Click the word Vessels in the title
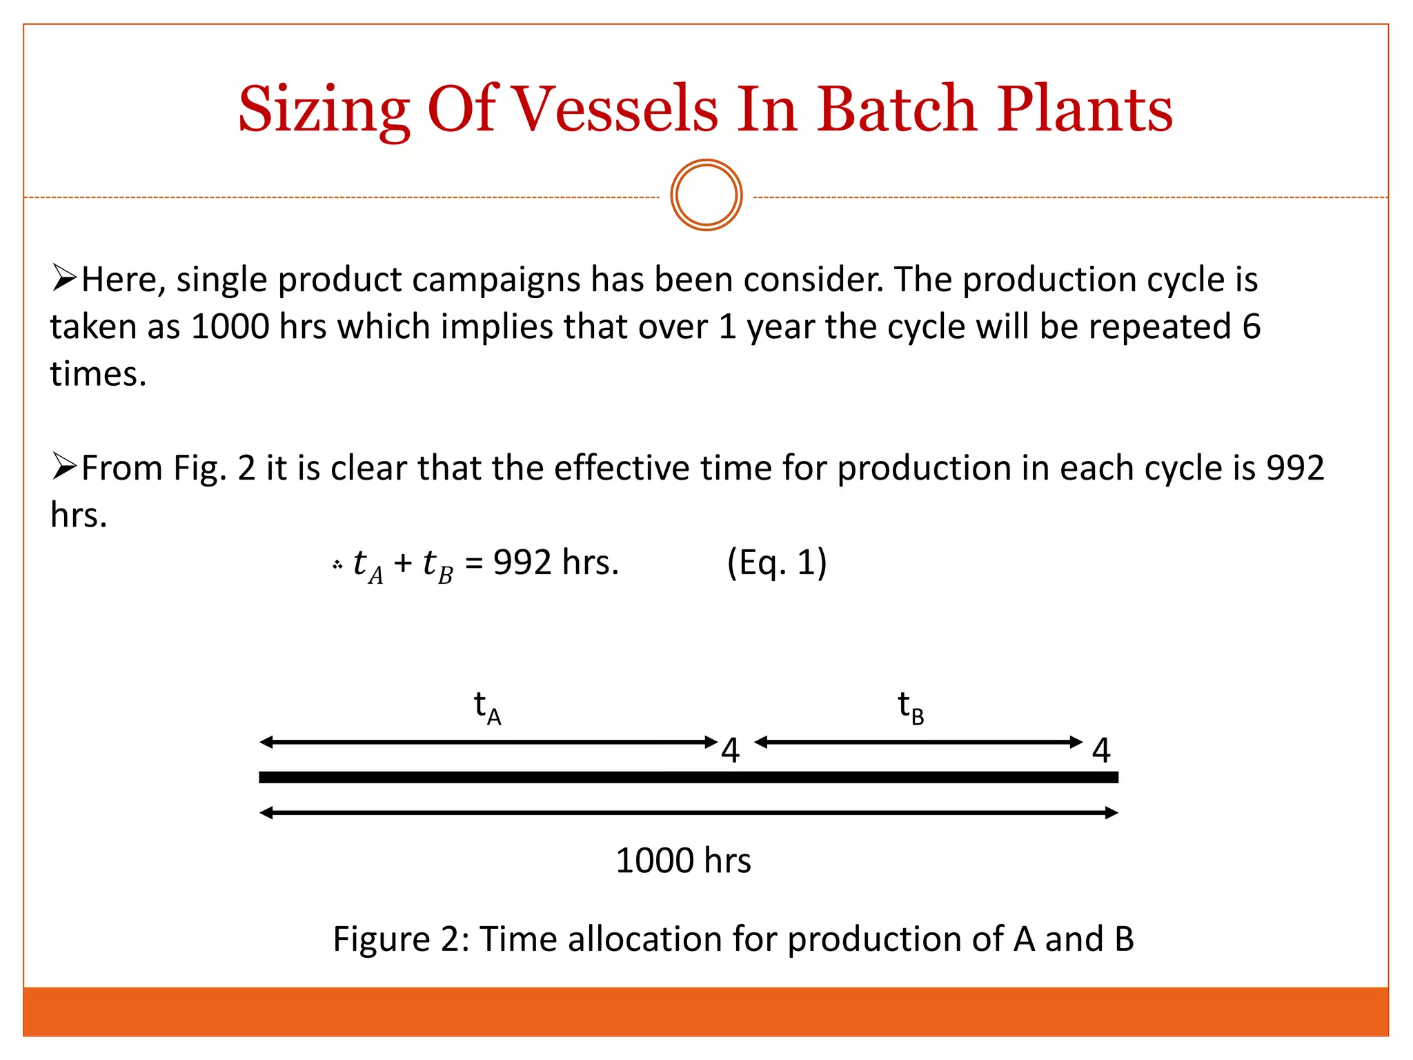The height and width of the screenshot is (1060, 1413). tap(616, 110)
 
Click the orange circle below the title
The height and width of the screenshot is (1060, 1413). tap(706, 195)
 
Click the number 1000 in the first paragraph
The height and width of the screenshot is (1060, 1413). tap(230, 326)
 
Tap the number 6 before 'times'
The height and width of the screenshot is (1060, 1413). tap(1251, 326)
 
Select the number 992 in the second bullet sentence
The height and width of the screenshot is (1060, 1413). tap(1294, 468)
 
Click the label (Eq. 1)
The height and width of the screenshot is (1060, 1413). tap(777, 562)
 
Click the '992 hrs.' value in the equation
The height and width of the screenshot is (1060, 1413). tap(556, 562)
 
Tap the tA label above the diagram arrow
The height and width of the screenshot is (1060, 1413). tap(487, 708)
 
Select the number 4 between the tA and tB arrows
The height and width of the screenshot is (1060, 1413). tap(730, 751)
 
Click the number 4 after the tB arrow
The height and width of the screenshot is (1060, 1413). tap(1101, 751)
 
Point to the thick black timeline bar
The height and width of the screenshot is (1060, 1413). tap(689, 778)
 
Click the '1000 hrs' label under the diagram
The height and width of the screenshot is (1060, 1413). tap(683, 861)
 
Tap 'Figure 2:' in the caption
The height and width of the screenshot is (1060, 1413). tap(401, 939)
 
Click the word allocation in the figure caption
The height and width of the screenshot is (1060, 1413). tap(644, 939)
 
